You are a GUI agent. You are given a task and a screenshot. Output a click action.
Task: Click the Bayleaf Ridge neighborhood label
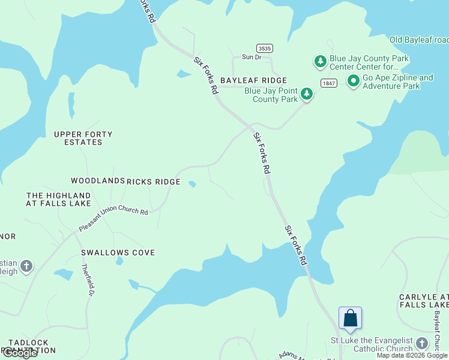pos(253,80)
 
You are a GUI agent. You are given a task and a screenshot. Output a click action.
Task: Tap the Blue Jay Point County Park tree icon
pos(307,94)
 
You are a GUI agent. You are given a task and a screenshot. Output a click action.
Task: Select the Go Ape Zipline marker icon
pos(354,80)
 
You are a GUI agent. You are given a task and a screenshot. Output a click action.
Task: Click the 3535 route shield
pos(262,47)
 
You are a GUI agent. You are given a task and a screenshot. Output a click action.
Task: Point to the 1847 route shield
pos(328,83)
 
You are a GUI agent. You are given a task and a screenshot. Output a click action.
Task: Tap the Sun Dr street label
pos(252,57)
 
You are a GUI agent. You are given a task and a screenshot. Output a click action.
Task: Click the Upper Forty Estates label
pos(83,139)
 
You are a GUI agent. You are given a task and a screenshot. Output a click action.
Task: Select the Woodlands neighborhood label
pos(98,181)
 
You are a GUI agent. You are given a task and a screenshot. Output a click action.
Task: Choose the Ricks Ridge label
pos(154,182)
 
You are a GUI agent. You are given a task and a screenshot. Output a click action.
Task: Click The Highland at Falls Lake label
pos(58,200)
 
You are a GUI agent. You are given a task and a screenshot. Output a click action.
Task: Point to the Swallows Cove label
pos(118,253)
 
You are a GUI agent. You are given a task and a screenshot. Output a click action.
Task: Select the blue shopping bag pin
pos(350,318)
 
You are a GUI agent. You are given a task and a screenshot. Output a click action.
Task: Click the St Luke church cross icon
pos(422,343)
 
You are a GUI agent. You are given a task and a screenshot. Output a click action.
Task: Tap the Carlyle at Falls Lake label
pos(424,301)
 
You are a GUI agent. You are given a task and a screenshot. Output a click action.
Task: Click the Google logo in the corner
pos(19,353)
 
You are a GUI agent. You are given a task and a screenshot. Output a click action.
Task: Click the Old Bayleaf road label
pos(418,40)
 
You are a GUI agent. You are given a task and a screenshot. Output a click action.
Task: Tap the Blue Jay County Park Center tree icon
pos(320,61)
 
